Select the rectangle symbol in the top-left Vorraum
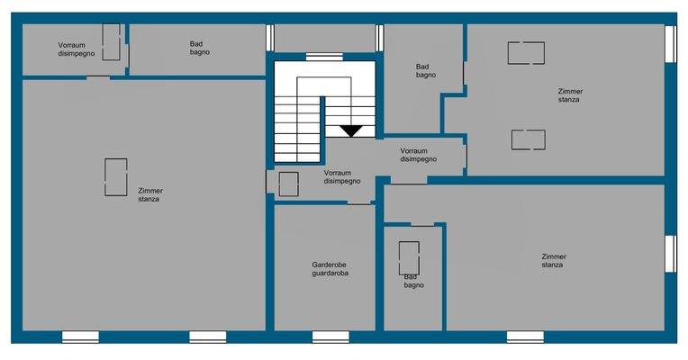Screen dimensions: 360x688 [112, 42]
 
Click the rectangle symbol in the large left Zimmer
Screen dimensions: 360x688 [115, 177]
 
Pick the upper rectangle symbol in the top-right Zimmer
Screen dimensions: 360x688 [526, 53]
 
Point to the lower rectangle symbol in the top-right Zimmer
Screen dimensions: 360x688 [528, 139]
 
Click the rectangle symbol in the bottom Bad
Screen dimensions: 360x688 [409, 256]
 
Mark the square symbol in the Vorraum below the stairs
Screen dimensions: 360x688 [288, 184]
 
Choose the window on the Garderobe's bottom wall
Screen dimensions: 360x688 [330, 337]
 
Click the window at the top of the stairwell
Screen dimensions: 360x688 [318, 57]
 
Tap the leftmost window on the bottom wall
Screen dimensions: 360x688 [80, 337]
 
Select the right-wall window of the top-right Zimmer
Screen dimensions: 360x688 [670, 43]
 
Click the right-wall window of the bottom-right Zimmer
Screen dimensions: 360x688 [670, 253]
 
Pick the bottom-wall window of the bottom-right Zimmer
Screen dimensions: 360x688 [525, 337]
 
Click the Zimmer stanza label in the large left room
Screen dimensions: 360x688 [150, 194]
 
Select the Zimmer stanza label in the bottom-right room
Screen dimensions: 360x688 [553, 261]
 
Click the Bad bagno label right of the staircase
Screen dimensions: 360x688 [426, 70]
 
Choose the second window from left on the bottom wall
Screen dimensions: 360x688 [207, 337]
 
